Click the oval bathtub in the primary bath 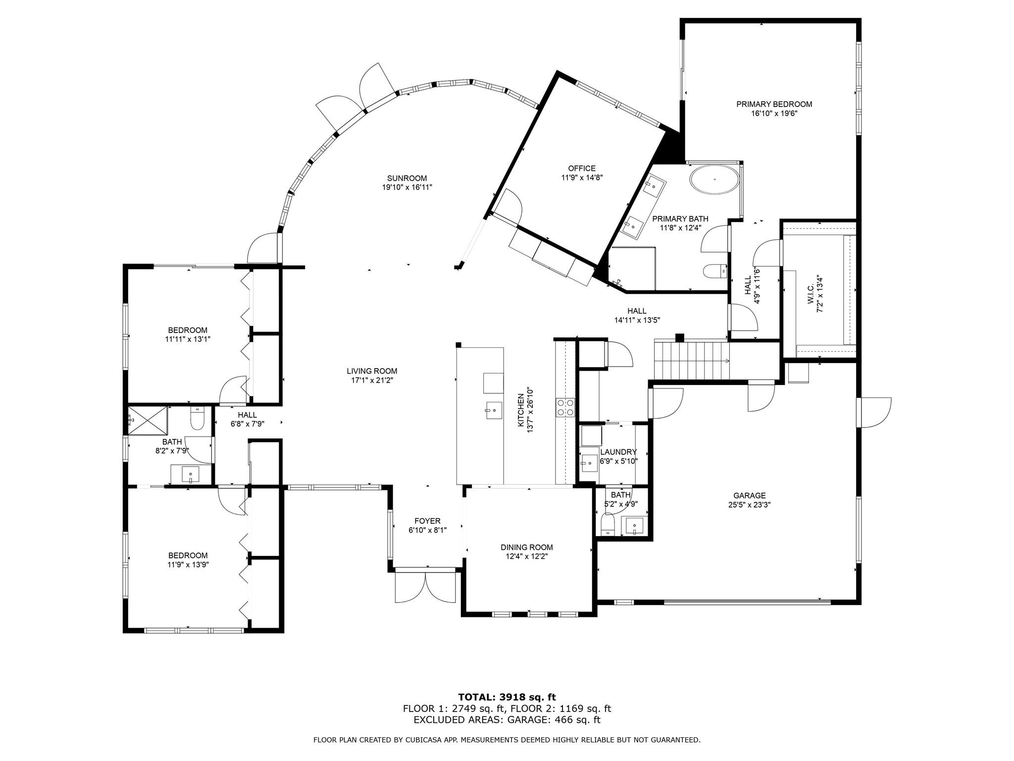pos(714,179)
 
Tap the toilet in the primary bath pos(713,272)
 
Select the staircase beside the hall pos(691,360)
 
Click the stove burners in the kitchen pos(565,407)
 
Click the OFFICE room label pos(582,168)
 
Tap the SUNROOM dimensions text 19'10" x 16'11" pos(407,187)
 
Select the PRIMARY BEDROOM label pos(774,104)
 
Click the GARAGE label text pos(750,495)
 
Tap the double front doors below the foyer pos(425,588)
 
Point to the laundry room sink pos(589,464)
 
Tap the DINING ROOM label pos(526,547)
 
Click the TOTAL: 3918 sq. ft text pos(507,698)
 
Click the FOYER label pos(427,521)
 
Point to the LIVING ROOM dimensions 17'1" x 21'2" pos(371,380)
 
